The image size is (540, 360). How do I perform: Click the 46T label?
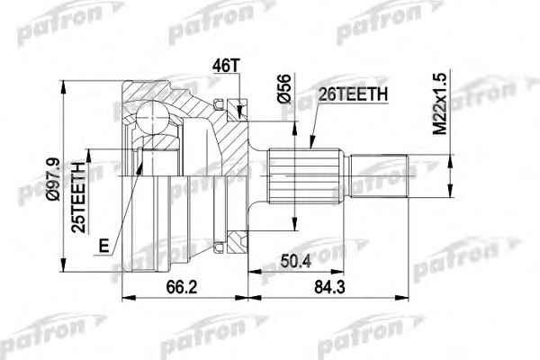[226, 66]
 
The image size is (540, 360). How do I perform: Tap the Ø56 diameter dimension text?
[284, 88]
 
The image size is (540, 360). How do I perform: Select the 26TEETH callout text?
[354, 94]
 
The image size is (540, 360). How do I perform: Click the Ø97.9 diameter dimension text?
[54, 179]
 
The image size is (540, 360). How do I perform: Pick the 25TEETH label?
[78, 197]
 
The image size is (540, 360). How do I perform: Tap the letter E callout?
[103, 246]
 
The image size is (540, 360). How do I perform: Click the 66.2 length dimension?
[182, 286]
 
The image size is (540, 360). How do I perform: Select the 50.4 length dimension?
[296, 261]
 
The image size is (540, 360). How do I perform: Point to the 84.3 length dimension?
[329, 286]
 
